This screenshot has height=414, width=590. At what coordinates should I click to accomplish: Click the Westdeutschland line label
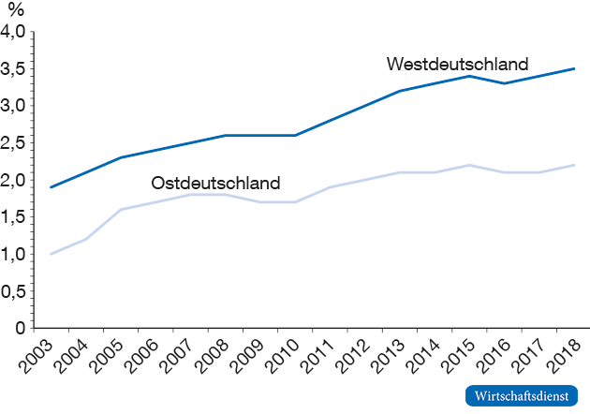457,65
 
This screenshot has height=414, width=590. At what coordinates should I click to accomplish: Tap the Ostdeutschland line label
215,182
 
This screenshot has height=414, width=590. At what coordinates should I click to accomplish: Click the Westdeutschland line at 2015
471,76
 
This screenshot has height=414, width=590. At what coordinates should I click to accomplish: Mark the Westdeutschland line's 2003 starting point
51,187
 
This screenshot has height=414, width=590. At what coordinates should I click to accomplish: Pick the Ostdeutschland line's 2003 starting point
51,254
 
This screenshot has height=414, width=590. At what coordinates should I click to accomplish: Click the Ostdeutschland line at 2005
121,209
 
